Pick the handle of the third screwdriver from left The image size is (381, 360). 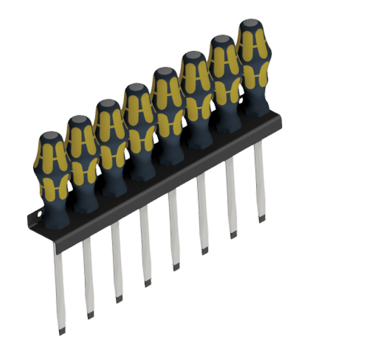click(109, 140)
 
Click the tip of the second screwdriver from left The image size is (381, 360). click(90, 314)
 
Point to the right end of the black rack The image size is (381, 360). click(281, 118)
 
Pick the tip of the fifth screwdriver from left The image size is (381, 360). click(176, 266)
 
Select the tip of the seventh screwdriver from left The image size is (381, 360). click(233, 235)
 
